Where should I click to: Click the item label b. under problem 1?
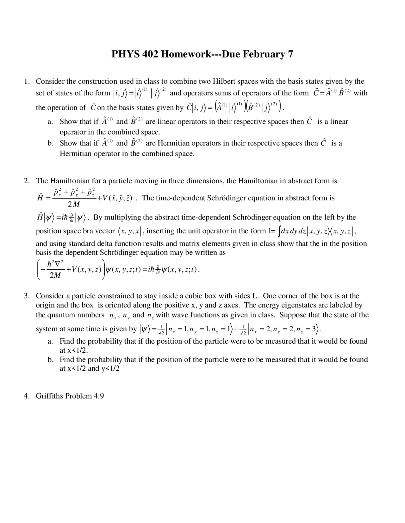pos(51,143)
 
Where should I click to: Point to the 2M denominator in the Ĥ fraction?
pos(74,205)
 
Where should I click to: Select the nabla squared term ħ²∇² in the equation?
pos(55,264)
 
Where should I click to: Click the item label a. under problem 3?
pos(50,341)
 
